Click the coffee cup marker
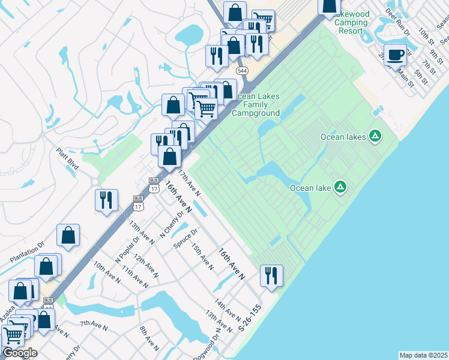[394, 55]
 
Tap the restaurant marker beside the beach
[271, 276]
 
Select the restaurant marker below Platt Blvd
[106, 200]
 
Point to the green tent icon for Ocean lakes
[375, 136]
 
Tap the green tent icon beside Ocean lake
[340, 187]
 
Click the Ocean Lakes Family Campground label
[256, 104]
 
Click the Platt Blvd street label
[68, 159]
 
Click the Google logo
[19, 352]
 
